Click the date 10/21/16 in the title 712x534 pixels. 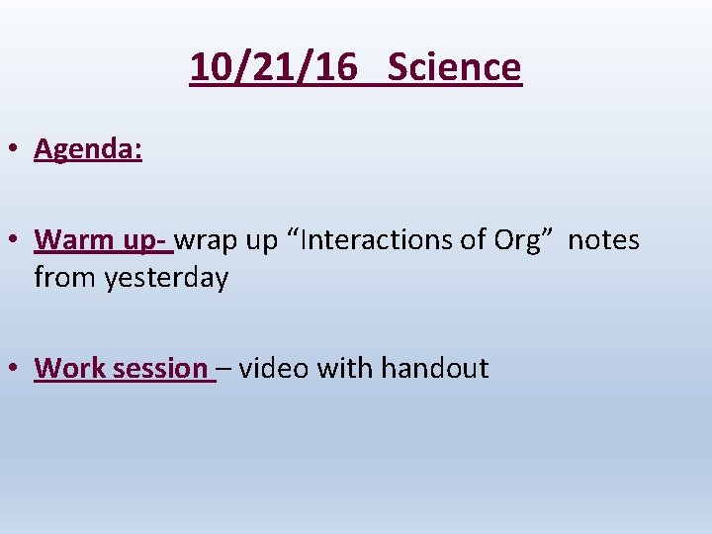273,67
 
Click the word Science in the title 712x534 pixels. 454,67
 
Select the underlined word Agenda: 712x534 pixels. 88,149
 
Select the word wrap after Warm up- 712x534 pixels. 207,240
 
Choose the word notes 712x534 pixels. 603,240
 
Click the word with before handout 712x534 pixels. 343,369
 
